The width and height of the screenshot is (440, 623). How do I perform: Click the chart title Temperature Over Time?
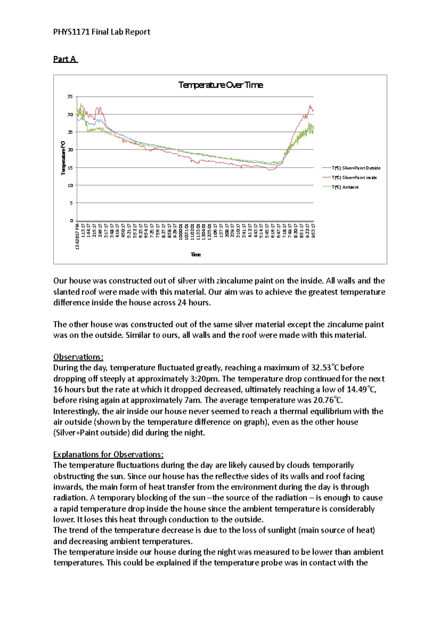[x=220, y=85]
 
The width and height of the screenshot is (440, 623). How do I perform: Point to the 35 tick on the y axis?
[x=70, y=96]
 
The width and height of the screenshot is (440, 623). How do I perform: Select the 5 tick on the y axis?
[x=71, y=203]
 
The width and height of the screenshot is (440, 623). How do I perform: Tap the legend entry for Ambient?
[x=345, y=187]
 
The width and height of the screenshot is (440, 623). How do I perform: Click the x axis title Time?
[x=195, y=254]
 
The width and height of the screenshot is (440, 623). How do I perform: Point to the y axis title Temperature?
[x=63, y=158]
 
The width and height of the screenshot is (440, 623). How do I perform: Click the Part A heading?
[x=65, y=59]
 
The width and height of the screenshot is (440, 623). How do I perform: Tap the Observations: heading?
[x=78, y=357]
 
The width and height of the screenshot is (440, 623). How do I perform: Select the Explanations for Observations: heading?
[x=108, y=455]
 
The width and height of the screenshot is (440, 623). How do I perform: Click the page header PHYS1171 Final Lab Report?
[x=102, y=32]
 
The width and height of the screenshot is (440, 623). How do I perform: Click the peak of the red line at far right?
[x=310, y=106]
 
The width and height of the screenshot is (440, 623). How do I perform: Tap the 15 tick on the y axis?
[x=70, y=168]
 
